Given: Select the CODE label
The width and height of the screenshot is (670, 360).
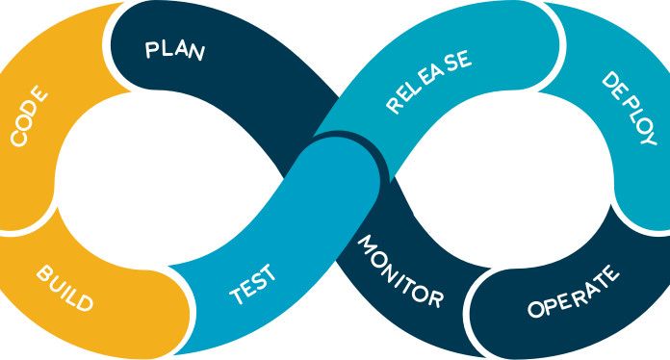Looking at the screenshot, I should [29, 118].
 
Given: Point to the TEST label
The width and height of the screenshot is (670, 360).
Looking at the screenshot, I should [253, 285].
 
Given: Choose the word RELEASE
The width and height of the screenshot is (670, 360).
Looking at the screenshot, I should [428, 83].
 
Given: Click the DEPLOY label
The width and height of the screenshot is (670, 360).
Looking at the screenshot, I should [628, 108].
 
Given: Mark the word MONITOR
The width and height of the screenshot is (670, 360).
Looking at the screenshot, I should [399, 271].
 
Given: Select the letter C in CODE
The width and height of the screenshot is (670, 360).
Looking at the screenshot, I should [18, 140].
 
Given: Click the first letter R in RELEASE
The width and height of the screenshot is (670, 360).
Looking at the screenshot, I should [394, 104].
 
